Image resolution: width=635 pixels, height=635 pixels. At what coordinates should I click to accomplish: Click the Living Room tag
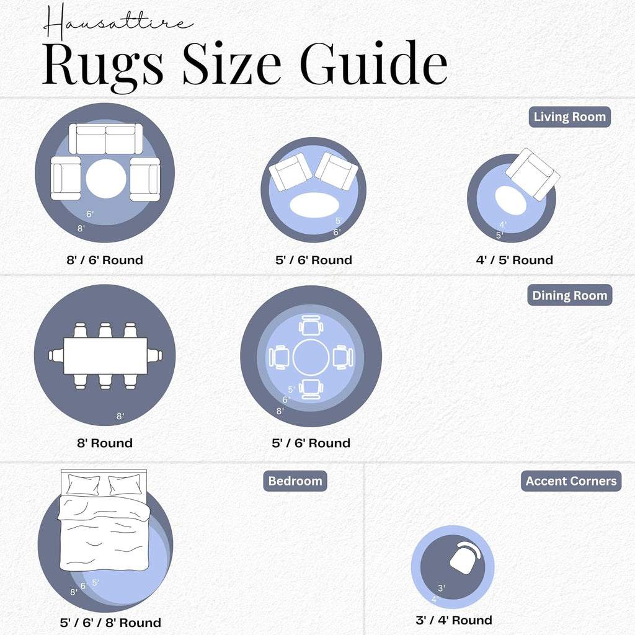569,117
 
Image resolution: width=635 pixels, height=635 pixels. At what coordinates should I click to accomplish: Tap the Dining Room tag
569,295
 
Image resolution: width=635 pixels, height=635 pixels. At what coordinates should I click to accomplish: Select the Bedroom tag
295,481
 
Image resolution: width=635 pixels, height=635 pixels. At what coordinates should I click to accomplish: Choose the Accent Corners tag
571,481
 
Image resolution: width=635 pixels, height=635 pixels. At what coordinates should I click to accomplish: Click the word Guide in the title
373,63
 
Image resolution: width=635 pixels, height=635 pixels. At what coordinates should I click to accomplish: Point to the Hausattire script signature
117,22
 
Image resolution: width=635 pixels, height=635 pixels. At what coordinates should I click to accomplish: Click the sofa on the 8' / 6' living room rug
105,138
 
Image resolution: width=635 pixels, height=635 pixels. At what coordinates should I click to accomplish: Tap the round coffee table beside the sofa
106,179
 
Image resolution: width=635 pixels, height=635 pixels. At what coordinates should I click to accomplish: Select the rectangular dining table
105,355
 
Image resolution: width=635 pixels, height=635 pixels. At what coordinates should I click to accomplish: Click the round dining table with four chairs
311,357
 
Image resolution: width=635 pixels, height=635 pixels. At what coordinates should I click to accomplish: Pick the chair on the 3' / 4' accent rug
465,557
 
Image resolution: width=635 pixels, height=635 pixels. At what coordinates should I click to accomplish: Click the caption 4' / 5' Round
514,260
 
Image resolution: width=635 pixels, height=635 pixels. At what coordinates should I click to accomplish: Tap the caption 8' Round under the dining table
105,443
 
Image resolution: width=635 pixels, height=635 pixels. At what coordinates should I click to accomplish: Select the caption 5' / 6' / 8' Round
110,623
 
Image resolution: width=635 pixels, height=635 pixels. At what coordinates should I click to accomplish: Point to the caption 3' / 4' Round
453,620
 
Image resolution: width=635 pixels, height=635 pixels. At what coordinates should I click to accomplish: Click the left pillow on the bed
84,484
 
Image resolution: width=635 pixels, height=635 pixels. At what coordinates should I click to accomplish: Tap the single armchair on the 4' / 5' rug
533,174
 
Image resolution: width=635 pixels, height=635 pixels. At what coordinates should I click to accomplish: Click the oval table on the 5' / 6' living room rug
314,205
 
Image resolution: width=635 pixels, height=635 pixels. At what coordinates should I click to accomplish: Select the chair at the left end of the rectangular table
56,355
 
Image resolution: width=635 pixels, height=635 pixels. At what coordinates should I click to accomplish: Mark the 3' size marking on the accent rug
442,588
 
